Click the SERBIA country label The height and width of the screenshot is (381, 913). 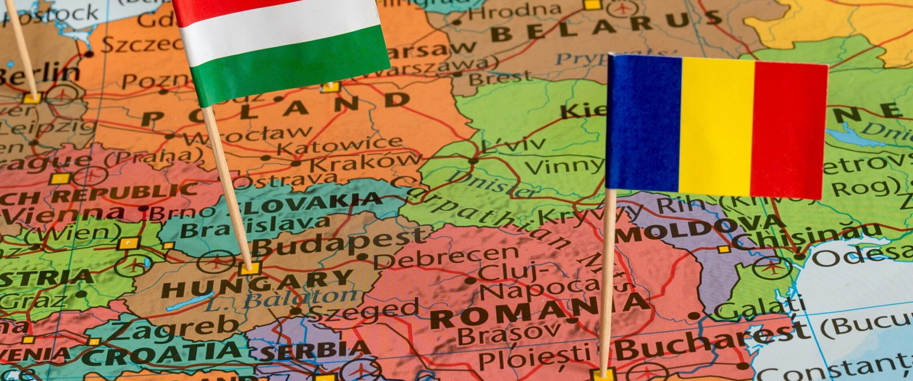(314, 351)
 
